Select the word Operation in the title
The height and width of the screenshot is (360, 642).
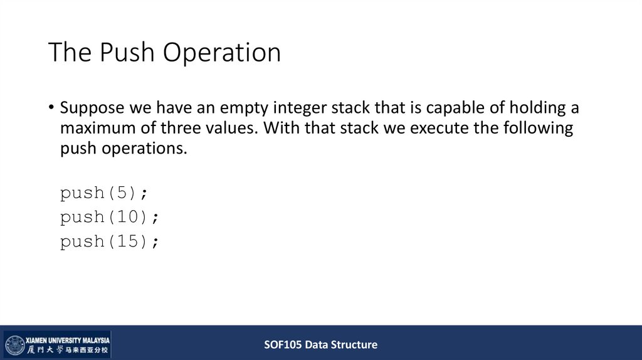(x=222, y=53)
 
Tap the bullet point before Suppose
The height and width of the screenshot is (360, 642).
(x=51, y=108)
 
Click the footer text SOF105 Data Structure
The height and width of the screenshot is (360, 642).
(x=320, y=344)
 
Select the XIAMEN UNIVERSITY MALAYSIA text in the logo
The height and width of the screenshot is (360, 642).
(x=67, y=339)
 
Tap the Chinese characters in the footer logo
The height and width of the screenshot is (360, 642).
(x=67, y=349)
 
